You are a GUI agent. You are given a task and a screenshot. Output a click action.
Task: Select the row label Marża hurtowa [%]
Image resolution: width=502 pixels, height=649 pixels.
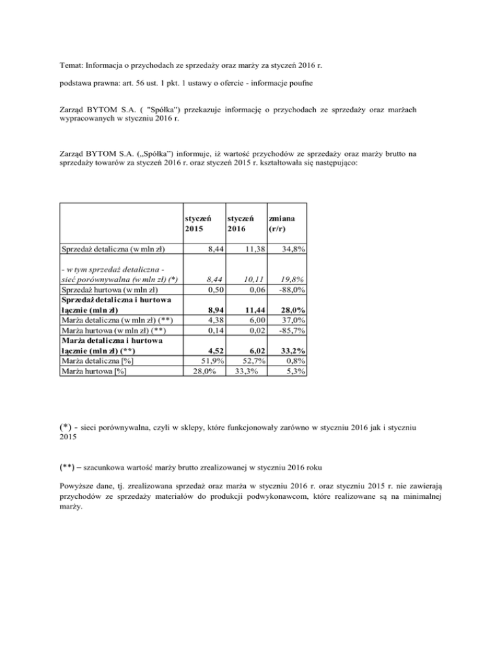(x=93, y=372)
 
